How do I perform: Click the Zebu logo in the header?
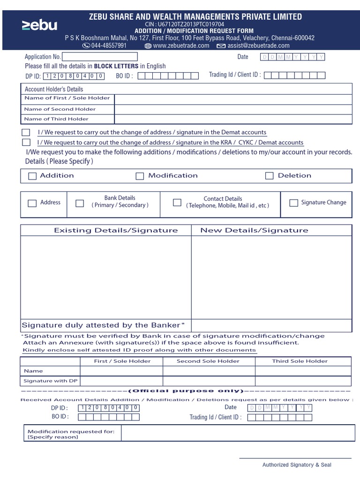(39, 25)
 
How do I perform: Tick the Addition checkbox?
(32, 176)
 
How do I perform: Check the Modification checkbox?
(140, 176)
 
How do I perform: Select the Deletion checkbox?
(269, 176)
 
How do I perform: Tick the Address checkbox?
(32, 203)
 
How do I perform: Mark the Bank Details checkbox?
(80, 203)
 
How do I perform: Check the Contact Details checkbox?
(177, 202)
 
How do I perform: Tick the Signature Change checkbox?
(293, 203)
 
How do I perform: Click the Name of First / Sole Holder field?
(232, 99)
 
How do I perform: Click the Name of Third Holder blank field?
(232, 120)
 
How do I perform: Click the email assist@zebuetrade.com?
(258, 45)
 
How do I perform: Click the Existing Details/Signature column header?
(116, 230)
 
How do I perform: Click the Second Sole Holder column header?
(208, 361)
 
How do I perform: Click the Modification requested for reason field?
(236, 433)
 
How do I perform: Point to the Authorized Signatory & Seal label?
(296, 465)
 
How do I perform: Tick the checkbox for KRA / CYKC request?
(26, 142)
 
